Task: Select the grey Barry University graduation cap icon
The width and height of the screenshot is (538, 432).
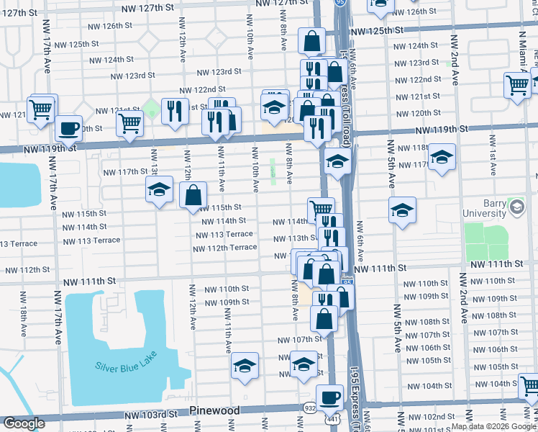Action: [516, 208]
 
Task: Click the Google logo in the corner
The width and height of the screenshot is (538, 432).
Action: [24, 423]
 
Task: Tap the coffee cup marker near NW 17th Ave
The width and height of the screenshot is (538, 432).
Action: [68, 129]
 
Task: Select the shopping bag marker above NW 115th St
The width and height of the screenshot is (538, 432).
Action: [193, 194]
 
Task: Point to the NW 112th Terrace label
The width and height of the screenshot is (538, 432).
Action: [224, 248]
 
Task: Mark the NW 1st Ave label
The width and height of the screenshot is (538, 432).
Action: [493, 161]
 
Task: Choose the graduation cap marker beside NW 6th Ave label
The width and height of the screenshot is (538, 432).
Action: [403, 210]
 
